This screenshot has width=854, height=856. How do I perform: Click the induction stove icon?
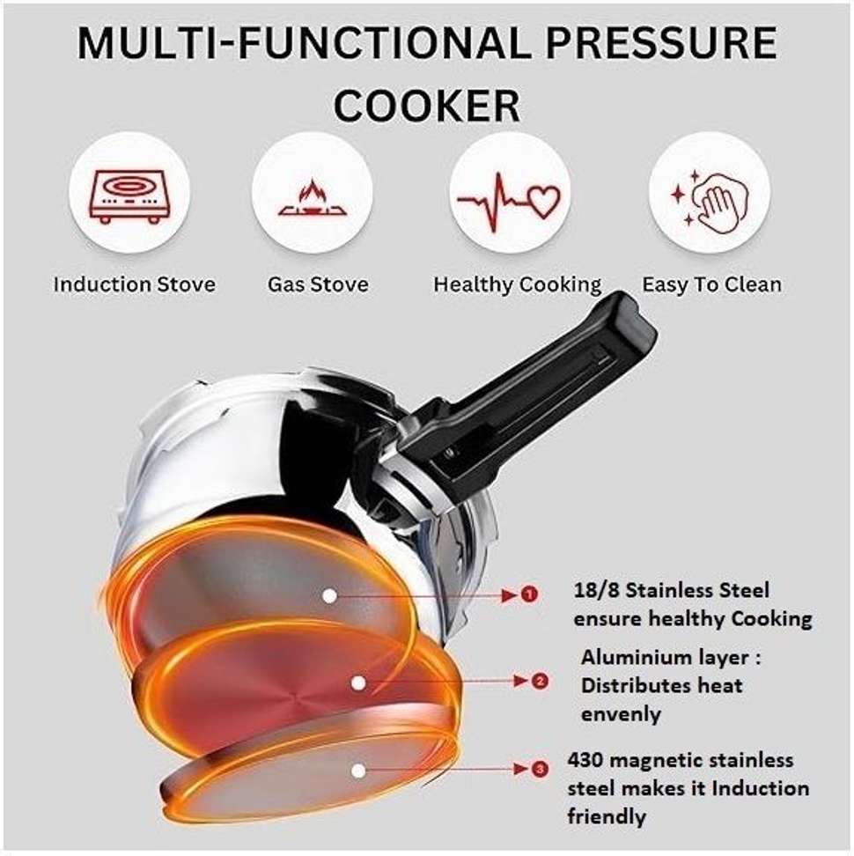point(129,196)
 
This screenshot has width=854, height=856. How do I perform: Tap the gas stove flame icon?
point(313,198)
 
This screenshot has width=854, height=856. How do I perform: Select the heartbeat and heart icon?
point(509,202)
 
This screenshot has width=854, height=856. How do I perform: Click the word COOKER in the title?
point(427,106)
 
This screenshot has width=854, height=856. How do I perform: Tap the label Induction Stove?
point(134,284)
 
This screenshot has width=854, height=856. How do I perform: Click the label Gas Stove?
point(318,284)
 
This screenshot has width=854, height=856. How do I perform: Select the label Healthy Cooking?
point(518,285)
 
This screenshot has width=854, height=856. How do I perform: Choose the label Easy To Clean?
point(711,284)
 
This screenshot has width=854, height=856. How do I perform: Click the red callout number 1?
point(529,594)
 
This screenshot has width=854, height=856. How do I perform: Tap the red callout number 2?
point(539,682)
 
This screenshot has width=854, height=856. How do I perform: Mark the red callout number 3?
point(540,769)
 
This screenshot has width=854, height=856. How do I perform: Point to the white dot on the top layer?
point(329,596)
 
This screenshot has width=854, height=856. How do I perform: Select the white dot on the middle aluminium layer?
point(358,683)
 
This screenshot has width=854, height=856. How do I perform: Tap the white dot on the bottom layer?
point(358,771)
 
